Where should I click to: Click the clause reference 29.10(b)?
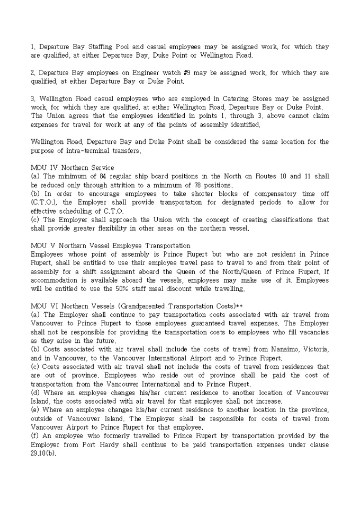click(45, 453)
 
